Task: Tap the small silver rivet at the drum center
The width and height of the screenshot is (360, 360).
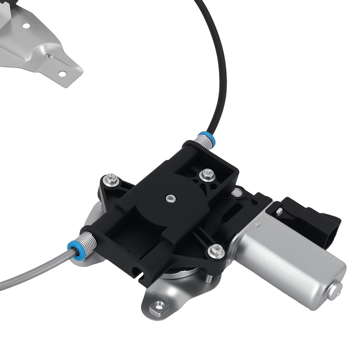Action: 171,197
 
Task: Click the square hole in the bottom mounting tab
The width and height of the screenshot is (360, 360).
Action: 159,306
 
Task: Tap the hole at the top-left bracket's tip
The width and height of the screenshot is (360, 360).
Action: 62,73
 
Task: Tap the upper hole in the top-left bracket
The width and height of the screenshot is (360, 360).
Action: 26,25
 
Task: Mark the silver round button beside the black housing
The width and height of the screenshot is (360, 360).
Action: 236,193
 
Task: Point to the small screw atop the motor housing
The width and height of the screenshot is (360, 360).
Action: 279,212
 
